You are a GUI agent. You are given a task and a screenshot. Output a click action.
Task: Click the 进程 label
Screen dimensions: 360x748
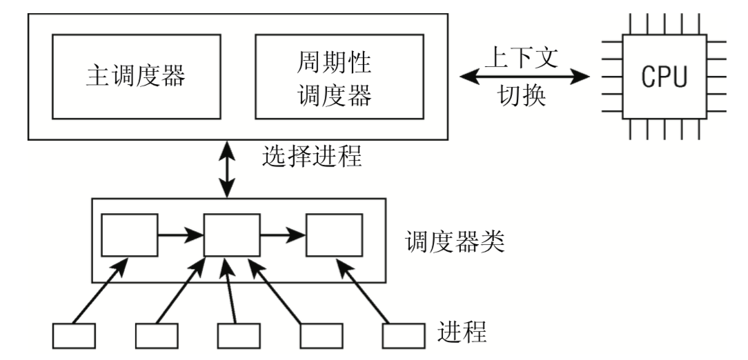[x=463, y=333]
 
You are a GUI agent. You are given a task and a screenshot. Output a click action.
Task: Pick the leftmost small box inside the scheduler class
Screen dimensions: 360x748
[x=130, y=235]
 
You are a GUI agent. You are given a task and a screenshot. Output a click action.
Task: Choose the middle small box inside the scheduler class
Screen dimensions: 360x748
[x=232, y=235]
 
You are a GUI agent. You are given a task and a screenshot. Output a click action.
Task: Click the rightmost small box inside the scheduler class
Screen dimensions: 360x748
[x=335, y=235]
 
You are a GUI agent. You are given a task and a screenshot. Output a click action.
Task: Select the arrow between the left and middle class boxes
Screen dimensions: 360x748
[x=181, y=235]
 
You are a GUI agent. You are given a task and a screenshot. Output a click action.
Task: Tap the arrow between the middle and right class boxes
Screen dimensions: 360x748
[x=283, y=235]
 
